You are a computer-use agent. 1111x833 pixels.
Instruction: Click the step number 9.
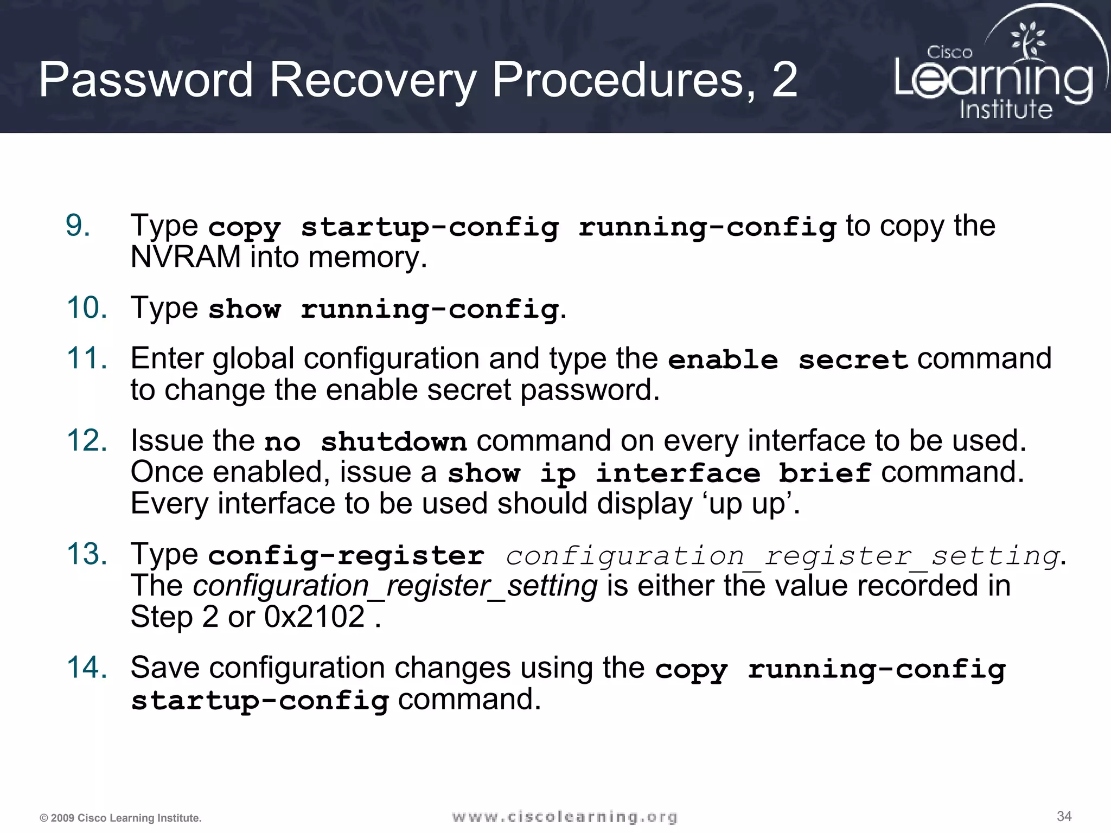pyautogui.click(x=78, y=226)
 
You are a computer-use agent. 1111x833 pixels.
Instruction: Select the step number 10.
pyautogui.click(x=87, y=308)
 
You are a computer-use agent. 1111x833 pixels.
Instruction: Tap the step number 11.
pyautogui.click(x=87, y=358)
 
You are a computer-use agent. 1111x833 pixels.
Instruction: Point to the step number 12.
pyautogui.click(x=87, y=440)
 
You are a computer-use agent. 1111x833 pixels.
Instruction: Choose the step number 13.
pyautogui.click(x=87, y=554)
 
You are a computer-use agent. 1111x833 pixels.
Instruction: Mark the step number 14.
pyautogui.click(x=87, y=668)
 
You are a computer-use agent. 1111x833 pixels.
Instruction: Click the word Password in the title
pyautogui.click(x=146, y=80)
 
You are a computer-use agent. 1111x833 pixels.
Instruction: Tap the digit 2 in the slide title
pyautogui.click(x=784, y=80)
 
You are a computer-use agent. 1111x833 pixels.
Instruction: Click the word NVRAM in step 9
pyautogui.click(x=186, y=257)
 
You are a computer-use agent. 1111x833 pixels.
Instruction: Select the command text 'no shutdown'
pyautogui.click(x=365, y=442)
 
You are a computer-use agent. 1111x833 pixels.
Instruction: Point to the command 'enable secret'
pyautogui.click(x=788, y=360)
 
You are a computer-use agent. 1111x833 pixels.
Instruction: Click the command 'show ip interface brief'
pyautogui.click(x=659, y=473)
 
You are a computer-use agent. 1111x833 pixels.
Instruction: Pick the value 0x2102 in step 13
pyautogui.click(x=315, y=617)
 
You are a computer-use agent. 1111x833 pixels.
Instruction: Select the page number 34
pyautogui.click(x=1064, y=816)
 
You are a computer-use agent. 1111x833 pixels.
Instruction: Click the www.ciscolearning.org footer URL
pyautogui.click(x=565, y=817)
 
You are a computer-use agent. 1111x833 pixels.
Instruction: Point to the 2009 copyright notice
pyautogui.click(x=120, y=818)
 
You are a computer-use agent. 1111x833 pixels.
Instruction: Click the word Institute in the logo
pyautogui.click(x=1006, y=110)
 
